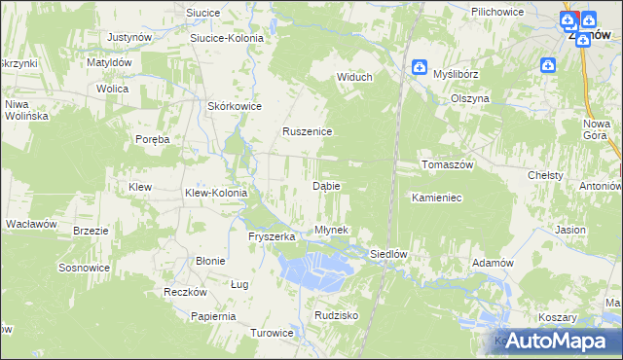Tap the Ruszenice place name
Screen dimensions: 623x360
coord(308,131)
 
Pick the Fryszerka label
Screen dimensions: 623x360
coord(272,236)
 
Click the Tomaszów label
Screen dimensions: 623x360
coord(447,164)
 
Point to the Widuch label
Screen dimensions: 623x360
coord(355,78)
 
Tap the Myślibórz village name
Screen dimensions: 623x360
coord(458,74)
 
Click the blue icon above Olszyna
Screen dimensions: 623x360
coord(548,65)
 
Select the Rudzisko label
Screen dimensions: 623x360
coord(338,316)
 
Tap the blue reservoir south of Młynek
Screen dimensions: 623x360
coord(312,267)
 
